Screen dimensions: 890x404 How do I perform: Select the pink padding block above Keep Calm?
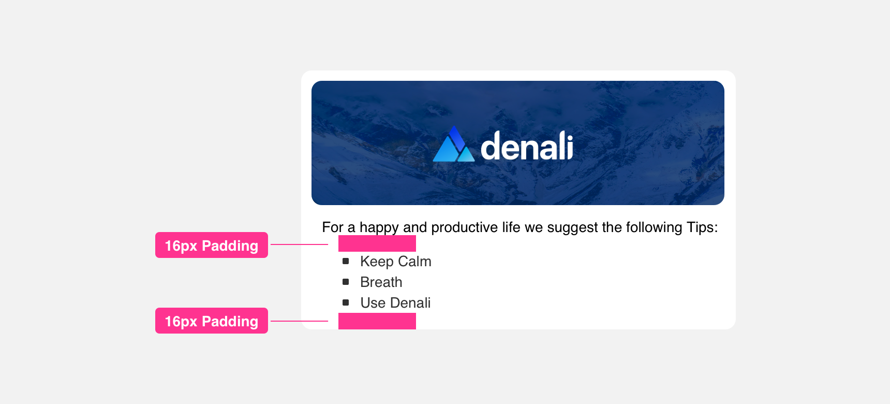coord(377,243)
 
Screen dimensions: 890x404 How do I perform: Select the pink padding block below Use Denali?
coord(377,321)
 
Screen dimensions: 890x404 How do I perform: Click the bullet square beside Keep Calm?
coord(346,261)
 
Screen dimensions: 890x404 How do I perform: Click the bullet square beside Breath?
coord(346,282)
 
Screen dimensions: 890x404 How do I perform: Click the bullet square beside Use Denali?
coord(346,302)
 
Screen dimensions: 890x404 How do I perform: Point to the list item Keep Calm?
coord(396,262)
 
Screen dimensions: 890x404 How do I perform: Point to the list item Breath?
coord(381,282)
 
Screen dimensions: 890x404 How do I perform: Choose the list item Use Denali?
coord(396,303)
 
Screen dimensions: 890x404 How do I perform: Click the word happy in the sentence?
coord(379,228)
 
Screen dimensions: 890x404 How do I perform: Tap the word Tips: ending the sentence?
coord(702,227)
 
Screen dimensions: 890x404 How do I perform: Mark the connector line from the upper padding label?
coord(300,244)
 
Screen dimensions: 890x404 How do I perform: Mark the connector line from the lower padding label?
coord(300,321)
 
